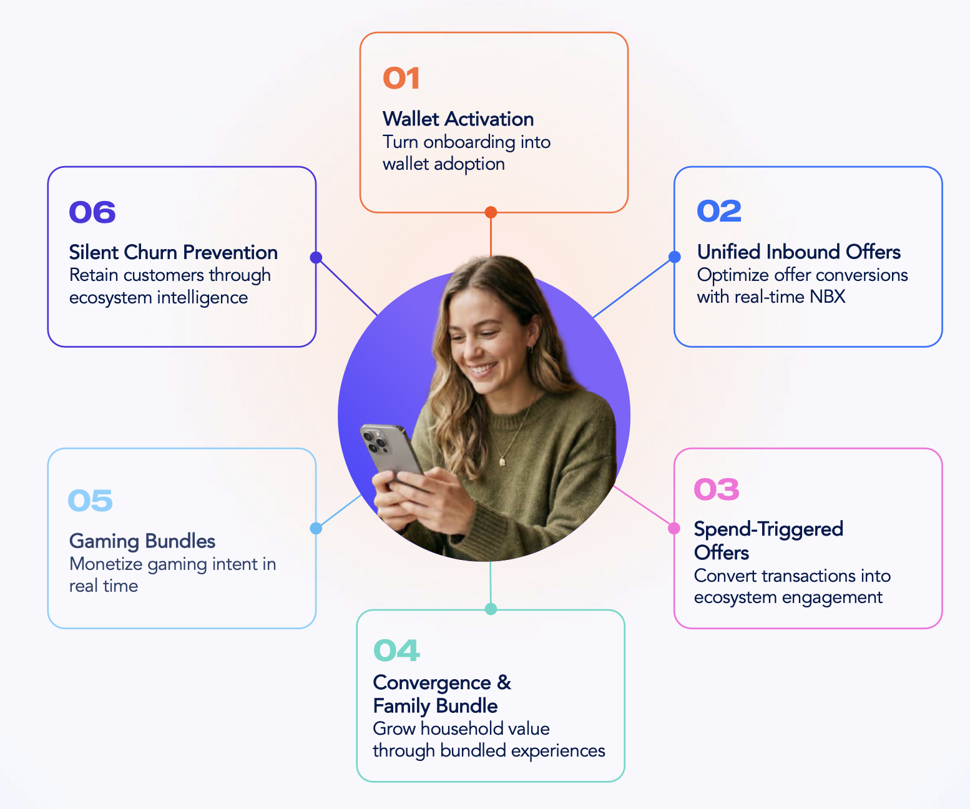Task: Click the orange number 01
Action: (401, 78)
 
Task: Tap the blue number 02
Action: (719, 212)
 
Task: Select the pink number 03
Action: (717, 489)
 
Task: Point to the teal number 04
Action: (397, 650)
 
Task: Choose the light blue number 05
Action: (90, 501)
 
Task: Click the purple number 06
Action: (92, 212)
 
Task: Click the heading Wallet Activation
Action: (458, 119)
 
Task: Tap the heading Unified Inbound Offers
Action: (799, 252)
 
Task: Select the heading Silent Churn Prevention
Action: (174, 252)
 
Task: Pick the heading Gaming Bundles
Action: (142, 541)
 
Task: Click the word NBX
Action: (828, 297)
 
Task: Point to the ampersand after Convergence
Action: (504, 683)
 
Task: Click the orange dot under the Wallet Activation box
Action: (491, 212)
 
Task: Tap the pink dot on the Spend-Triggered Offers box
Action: (674, 528)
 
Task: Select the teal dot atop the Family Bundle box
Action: (491, 609)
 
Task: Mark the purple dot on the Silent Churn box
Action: (316, 257)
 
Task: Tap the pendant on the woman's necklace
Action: (502, 461)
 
